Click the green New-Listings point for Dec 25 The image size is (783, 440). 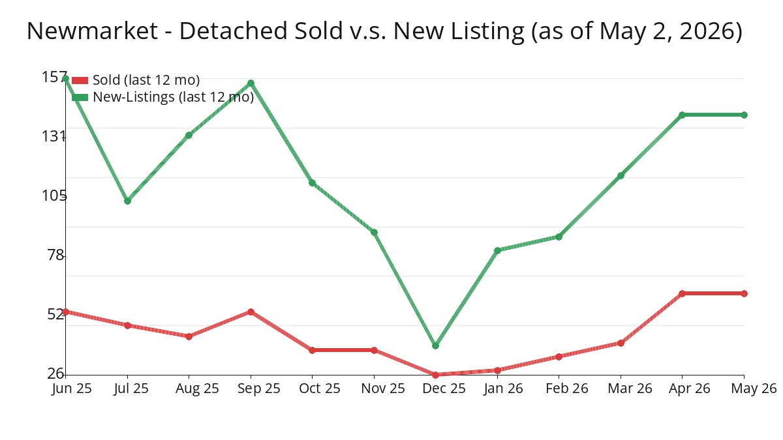[435, 345]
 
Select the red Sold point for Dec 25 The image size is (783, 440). [435, 375]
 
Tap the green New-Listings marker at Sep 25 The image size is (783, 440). [251, 83]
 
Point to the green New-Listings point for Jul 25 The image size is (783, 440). [128, 201]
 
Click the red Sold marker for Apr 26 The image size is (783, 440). [682, 293]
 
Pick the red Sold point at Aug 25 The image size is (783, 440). [189, 336]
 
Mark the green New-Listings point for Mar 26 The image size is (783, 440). [621, 175]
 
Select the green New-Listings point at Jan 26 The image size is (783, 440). [497, 250]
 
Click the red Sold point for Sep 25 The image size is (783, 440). [251, 312]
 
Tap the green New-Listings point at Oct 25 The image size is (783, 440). [312, 183]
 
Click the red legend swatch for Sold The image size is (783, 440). [80, 81]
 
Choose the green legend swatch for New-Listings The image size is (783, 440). [80, 97]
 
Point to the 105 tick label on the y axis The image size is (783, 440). [54, 196]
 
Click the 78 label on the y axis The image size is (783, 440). [56, 256]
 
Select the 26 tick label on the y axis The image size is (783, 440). [56, 374]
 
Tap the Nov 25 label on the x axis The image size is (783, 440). [383, 389]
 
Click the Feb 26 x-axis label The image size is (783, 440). [567, 389]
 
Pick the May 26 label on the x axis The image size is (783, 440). [754, 389]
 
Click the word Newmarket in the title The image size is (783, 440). [92, 31]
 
